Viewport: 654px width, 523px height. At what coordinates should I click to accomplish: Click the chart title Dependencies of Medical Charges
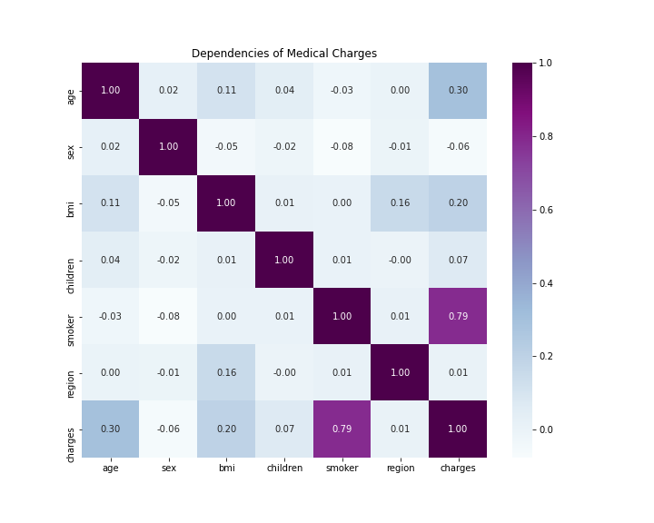pos(283,54)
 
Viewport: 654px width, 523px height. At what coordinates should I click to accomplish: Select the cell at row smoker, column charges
pos(458,316)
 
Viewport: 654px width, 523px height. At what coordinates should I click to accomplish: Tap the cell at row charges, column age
pos(111,429)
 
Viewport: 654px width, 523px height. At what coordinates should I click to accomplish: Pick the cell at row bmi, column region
pos(400,203)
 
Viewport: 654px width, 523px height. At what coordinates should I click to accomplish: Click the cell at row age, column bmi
pos(226,91)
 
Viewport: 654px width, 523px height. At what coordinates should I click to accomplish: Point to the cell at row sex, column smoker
pos(342,147)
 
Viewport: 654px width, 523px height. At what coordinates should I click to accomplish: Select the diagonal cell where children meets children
pos(284,260)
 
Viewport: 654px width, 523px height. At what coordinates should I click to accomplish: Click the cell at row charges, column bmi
pos(226,429)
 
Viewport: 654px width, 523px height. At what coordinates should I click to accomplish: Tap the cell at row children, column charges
pos(458,260)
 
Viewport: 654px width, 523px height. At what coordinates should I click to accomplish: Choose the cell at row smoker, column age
pos(111,316)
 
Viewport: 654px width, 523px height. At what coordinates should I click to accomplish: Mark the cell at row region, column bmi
pos(226,372)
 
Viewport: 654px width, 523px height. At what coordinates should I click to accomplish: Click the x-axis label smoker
pos(342,469)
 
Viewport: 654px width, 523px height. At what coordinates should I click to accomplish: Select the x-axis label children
pos(284,469)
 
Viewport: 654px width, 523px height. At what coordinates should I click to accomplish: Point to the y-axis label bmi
pos(71,203)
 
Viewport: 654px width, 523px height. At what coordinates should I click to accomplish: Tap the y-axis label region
pos(71,372)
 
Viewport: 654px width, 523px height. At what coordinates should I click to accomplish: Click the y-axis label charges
pos(71,429)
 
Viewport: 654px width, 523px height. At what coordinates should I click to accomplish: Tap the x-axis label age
pos(111,469)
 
